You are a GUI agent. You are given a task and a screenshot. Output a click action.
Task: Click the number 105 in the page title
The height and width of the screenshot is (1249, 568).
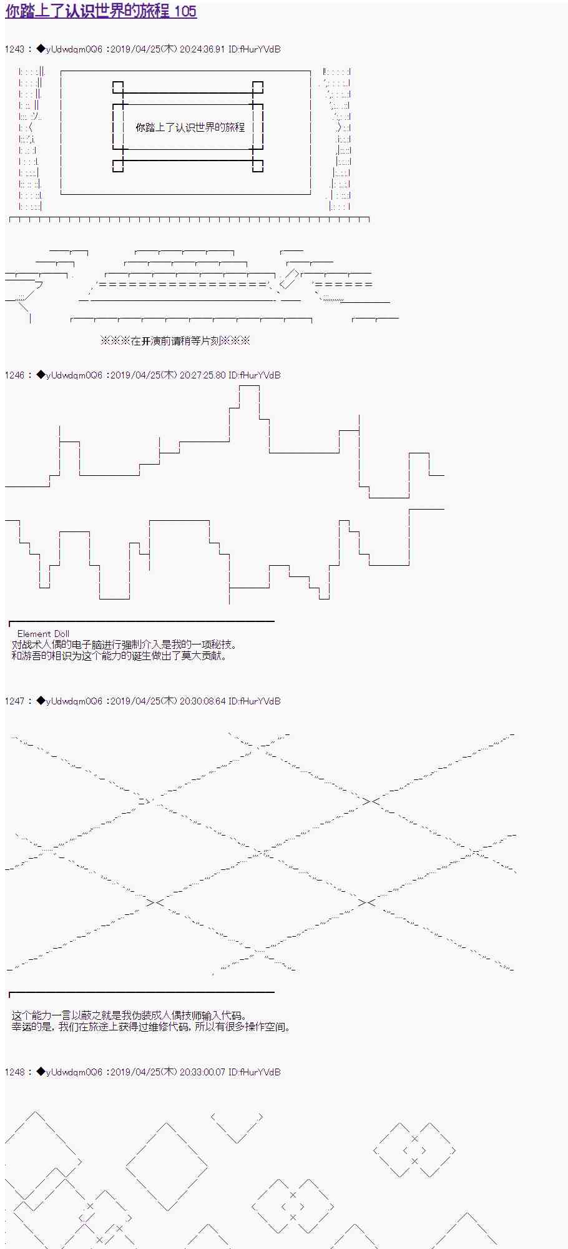point(185,11)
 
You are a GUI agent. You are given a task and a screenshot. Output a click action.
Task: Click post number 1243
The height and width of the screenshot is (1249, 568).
point(14,49)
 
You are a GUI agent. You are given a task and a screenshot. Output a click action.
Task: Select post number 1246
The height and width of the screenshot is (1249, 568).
point(14,375)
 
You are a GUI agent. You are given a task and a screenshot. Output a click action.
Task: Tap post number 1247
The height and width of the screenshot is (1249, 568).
point(14,701)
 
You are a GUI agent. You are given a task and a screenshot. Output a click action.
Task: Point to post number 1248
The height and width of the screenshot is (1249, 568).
point(14,1072)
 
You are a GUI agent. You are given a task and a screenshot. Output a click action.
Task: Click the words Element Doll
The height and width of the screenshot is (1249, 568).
point(43,634)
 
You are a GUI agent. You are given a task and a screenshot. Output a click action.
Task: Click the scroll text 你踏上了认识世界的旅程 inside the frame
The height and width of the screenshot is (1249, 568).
point(190,127)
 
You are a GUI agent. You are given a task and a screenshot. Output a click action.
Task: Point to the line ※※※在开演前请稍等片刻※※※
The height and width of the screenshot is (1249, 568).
point(175,341)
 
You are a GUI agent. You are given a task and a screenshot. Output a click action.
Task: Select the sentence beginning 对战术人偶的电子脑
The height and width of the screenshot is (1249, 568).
point(124,644)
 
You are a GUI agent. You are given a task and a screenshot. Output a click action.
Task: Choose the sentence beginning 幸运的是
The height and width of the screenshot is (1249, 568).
point(152,1027)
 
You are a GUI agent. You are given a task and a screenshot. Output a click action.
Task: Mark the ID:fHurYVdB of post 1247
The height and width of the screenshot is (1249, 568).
point(255,701)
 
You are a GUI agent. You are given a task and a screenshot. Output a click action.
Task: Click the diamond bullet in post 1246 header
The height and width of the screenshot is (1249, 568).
point(41,375)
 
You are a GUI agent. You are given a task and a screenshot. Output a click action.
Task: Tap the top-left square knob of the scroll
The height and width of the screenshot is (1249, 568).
point(118,87)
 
